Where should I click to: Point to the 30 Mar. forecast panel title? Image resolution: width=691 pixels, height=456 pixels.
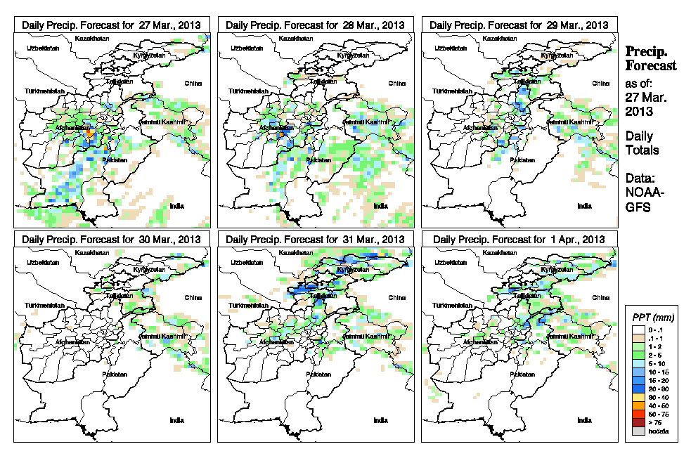pos(112,239)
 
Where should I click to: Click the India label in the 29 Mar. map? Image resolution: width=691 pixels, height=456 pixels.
pos(584,206)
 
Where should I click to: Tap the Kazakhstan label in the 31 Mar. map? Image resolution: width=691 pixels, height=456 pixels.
pos(297,252)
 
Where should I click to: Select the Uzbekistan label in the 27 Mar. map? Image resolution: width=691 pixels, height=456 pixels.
pos(41,48)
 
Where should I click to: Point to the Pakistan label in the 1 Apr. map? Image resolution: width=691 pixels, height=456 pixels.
pos(522,374)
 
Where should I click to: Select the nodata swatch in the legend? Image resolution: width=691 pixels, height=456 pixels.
pos(638,431)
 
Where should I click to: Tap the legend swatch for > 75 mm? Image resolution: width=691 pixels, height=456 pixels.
pos(638,423)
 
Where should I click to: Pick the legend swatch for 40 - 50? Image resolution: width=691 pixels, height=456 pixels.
pos(638,406)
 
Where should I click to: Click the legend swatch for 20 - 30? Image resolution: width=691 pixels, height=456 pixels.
pos(638,389)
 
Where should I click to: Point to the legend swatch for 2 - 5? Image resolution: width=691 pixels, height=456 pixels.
pos(638,355)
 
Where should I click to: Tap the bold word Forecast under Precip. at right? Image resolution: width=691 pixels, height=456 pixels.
pos(651,65)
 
